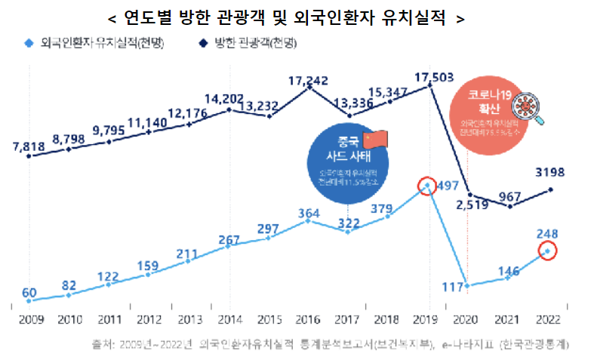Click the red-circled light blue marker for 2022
548,251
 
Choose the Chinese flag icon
374,139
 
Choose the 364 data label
308,214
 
